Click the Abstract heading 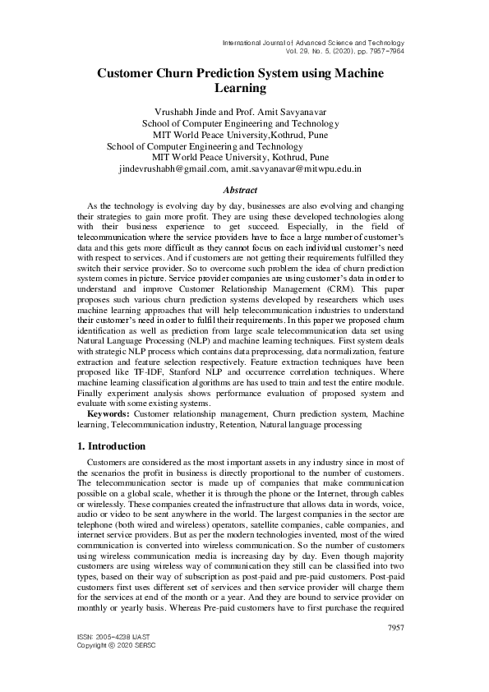pos(244,190)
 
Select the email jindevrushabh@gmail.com pos(173,168)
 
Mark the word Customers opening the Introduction pos(111,464)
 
